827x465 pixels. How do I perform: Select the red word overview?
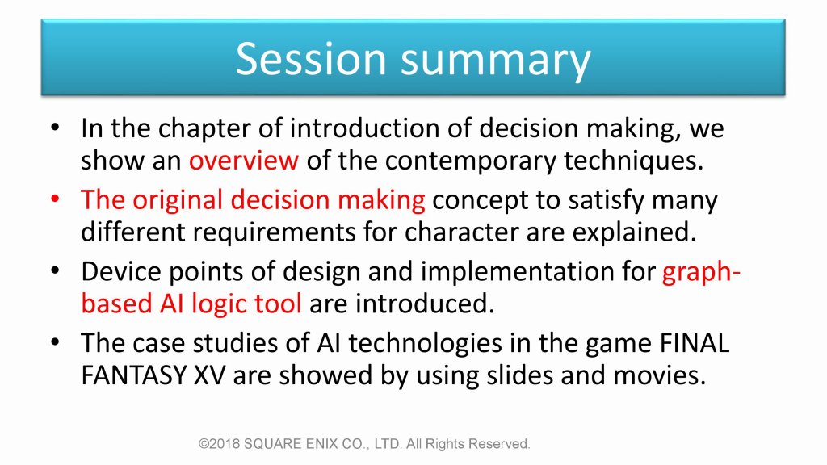(244, 161)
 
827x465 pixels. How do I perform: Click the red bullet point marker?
(56, 199)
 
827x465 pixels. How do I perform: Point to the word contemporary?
(471, 161)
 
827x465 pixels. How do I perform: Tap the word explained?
(635, 233)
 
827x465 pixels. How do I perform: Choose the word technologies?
(425, 344)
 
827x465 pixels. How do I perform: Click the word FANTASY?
(134, 376)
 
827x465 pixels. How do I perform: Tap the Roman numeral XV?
(210, 376)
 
